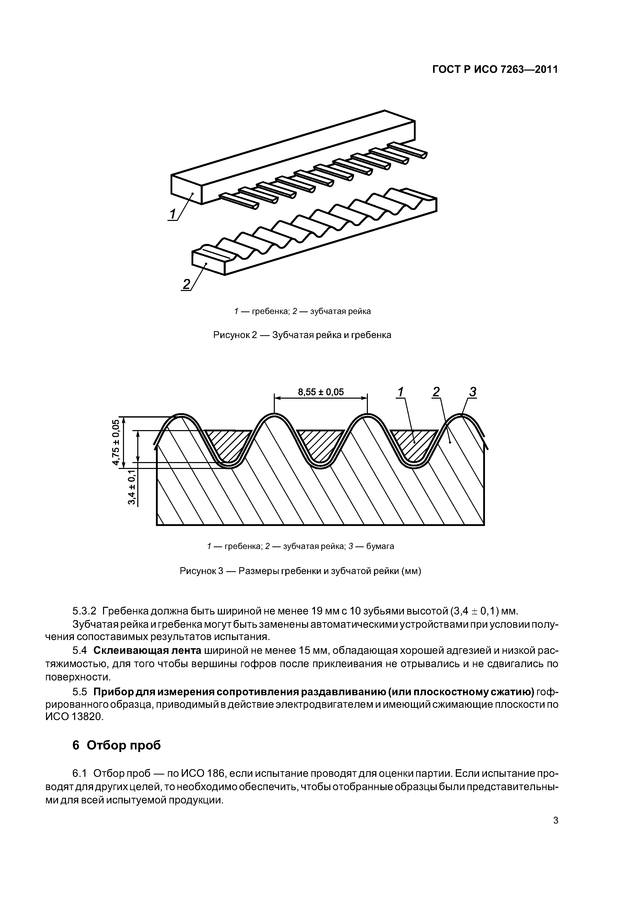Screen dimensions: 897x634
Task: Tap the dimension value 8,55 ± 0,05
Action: (321, 392)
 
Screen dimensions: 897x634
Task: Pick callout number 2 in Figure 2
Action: (186, 284)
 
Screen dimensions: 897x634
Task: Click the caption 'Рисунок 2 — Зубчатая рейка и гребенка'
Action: (302, 335)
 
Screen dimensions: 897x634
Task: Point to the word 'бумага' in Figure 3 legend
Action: (380, 546)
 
